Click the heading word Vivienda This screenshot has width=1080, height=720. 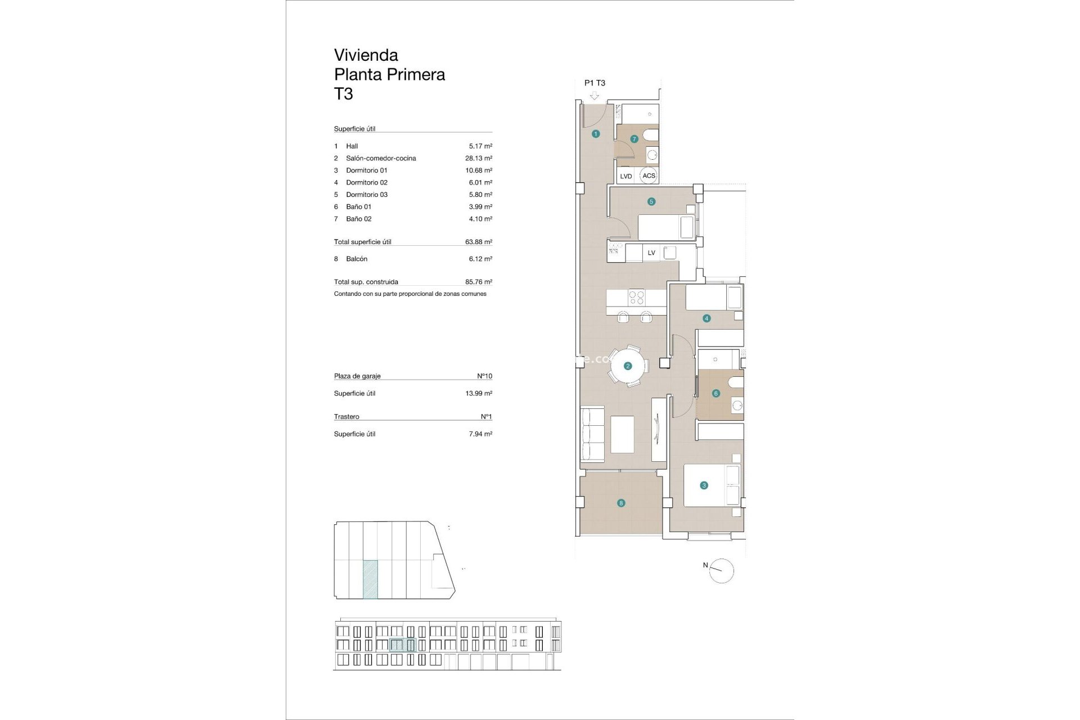coord(366,55)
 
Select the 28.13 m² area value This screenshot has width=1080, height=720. coord(478,158)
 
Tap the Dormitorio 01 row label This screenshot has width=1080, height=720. coord(367,170)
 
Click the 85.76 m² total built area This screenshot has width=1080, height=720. coord(478,282)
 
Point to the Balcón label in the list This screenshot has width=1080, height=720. coord(357,259)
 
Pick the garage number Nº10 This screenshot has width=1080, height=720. coord(484,376)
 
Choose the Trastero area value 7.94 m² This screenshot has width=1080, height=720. coord(480,434)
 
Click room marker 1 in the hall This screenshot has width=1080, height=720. coord(596,134)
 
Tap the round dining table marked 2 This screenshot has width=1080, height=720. coord(628,366)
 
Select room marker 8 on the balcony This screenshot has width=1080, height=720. coord(621,503)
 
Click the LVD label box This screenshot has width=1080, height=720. coord(626,176)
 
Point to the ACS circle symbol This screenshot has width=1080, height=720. coord(649,175)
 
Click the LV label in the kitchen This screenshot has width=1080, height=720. coord(651,253)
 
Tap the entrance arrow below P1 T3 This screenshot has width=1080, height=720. coord(595,96)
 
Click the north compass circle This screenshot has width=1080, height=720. coord(722,571)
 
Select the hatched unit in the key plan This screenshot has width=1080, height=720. coord(370,579)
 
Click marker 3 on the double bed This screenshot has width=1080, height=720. coord(704,485)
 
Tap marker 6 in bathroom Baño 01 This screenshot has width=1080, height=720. coord(716,393)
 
